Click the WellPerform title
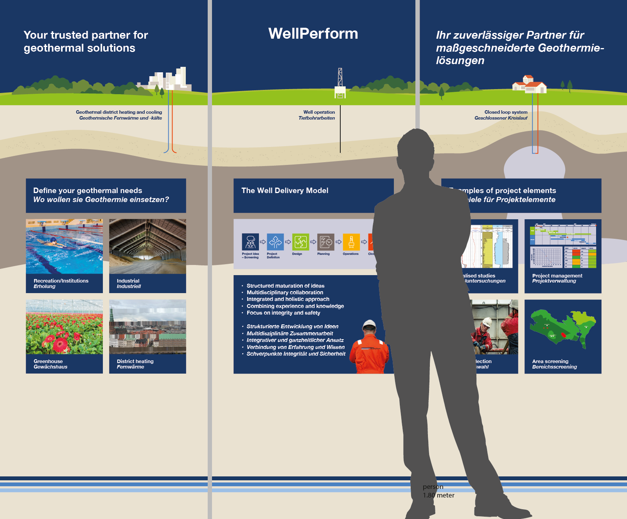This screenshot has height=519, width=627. click(x=313, y=34)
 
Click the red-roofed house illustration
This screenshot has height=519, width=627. click(x=529, y=84)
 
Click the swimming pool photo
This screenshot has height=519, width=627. click(x=64, y=246)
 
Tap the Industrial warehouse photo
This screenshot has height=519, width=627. click(x=147, y=246)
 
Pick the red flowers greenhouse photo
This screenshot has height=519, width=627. click(x=64, y=327)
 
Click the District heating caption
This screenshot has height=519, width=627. click(x=135, y=364)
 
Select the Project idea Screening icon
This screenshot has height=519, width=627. click(x=250, y=242)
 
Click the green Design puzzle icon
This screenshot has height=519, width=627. click(x=300, y=242)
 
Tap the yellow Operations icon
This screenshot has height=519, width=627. click(x=351, y=242)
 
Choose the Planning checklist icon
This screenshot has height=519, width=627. click(x=325, y=242)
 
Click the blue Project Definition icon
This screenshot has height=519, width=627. click(x=275, y=242)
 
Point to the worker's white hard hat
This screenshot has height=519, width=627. click(x=369, y=325)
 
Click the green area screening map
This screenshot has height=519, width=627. click(x=562, y=329)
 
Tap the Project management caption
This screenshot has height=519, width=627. click(x=557, y=278)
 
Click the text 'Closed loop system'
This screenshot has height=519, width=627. click(x=506, y=112)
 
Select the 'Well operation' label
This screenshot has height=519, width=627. click(x=319, y=112)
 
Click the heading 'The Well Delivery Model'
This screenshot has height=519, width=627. click(x=285, y=191)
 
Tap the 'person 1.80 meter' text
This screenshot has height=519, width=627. click(x=438, y=491)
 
